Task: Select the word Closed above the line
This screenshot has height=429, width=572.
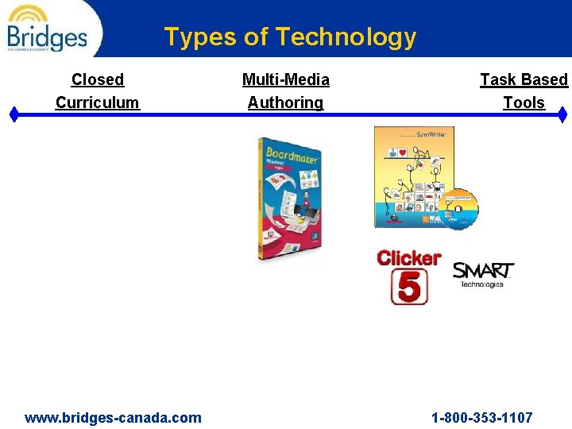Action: click(x=98, y=79)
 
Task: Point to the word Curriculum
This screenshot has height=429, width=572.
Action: click(x=98, y=102)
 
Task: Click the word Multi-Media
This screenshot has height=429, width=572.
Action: click(x=286, y=79)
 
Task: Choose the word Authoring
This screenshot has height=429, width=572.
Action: click(x=286, y=102)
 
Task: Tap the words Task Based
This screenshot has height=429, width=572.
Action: click(x=524, y=79)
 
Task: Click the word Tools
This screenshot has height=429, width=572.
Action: click(x=524, y=102)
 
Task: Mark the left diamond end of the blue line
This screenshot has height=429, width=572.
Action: click(x=14, y=114)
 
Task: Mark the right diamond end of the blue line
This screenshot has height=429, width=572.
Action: click(x=562, y=114)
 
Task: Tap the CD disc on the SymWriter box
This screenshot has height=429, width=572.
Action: click(x=457, y=208)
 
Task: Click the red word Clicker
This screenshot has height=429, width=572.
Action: click(x=409, y=258)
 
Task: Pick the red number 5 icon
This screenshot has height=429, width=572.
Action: click(x=409, y=287)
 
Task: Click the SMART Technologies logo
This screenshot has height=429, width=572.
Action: click(x=483, y=275)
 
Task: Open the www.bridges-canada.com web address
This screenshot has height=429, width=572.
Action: click(x=114, y=417)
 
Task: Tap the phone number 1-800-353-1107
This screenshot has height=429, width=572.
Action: click(x=482, y=417)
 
